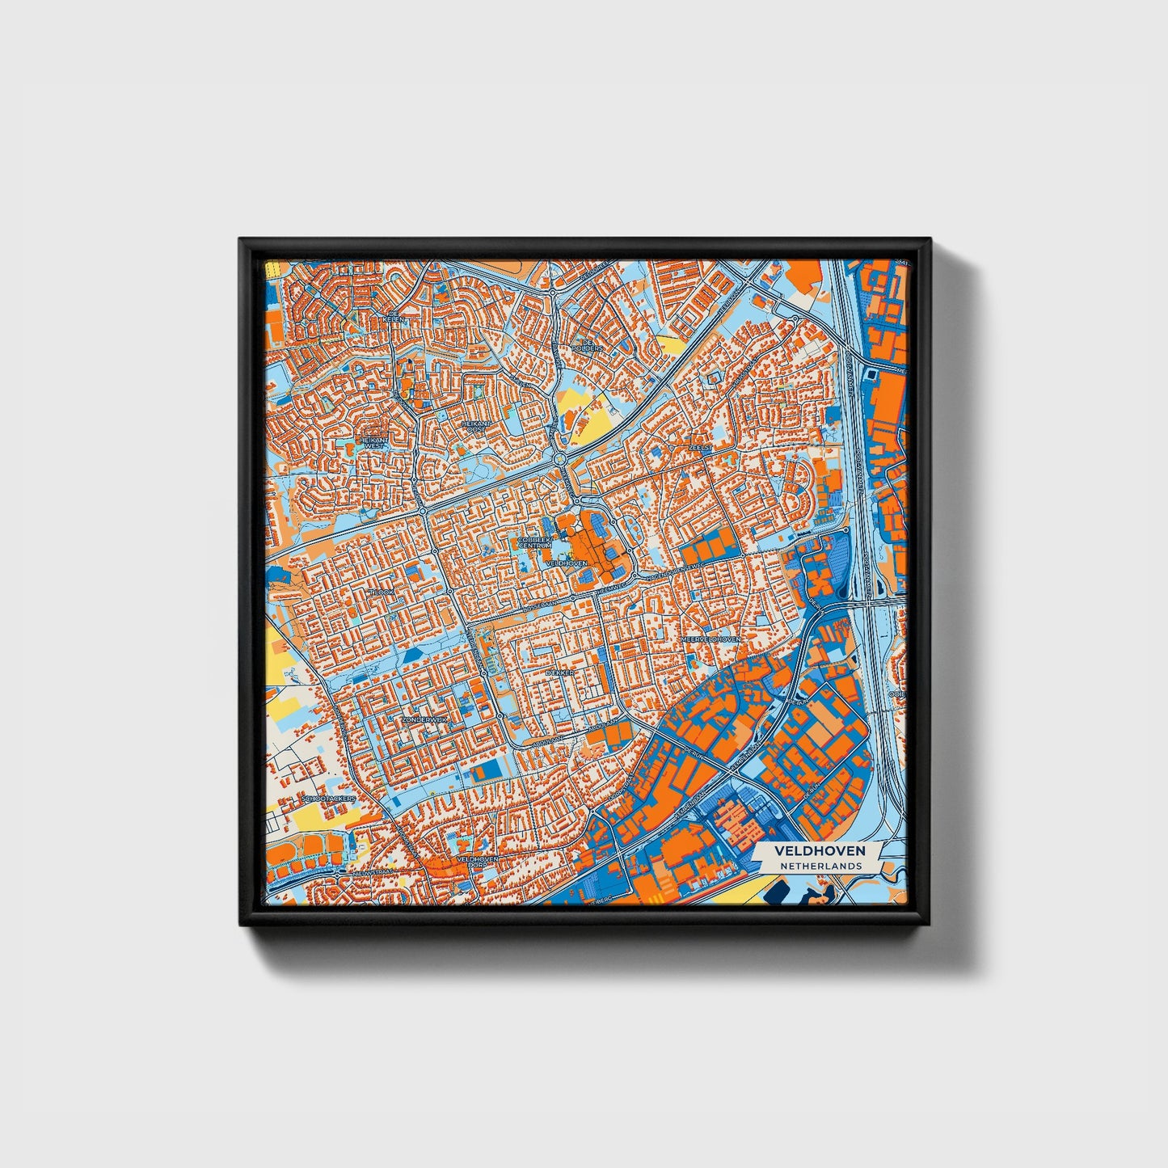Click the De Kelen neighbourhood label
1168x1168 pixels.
[395, 317]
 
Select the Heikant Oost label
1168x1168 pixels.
[475, 426]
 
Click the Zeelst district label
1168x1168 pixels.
[698, 445]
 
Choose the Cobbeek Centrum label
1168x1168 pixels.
[534, 542]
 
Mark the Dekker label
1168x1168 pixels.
[559, 673]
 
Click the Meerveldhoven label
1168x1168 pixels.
[710, 639]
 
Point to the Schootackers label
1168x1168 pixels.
[327, 799]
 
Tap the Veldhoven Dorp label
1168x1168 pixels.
[477, 862]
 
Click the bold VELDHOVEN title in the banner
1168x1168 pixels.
[820, 851]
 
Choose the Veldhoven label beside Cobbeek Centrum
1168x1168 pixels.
[567, 563]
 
